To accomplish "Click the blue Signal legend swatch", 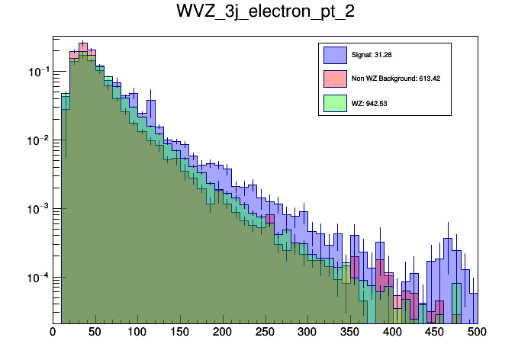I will pos(336,55).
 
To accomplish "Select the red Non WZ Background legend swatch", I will pos(336,79).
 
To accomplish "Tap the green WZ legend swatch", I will pos(336,102).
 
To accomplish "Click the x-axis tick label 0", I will pos(53,332).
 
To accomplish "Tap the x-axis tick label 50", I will pos(95,332).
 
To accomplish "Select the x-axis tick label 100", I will pos(137,332).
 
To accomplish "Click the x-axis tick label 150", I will pos(180,332).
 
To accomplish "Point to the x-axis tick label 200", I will pos(223,332).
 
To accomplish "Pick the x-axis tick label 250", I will pos(265,332).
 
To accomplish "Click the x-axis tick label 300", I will pos(307,332).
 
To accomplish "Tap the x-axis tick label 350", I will pos(350,332).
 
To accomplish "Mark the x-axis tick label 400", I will pos(393,332).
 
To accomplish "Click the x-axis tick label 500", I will pos(477,332).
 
